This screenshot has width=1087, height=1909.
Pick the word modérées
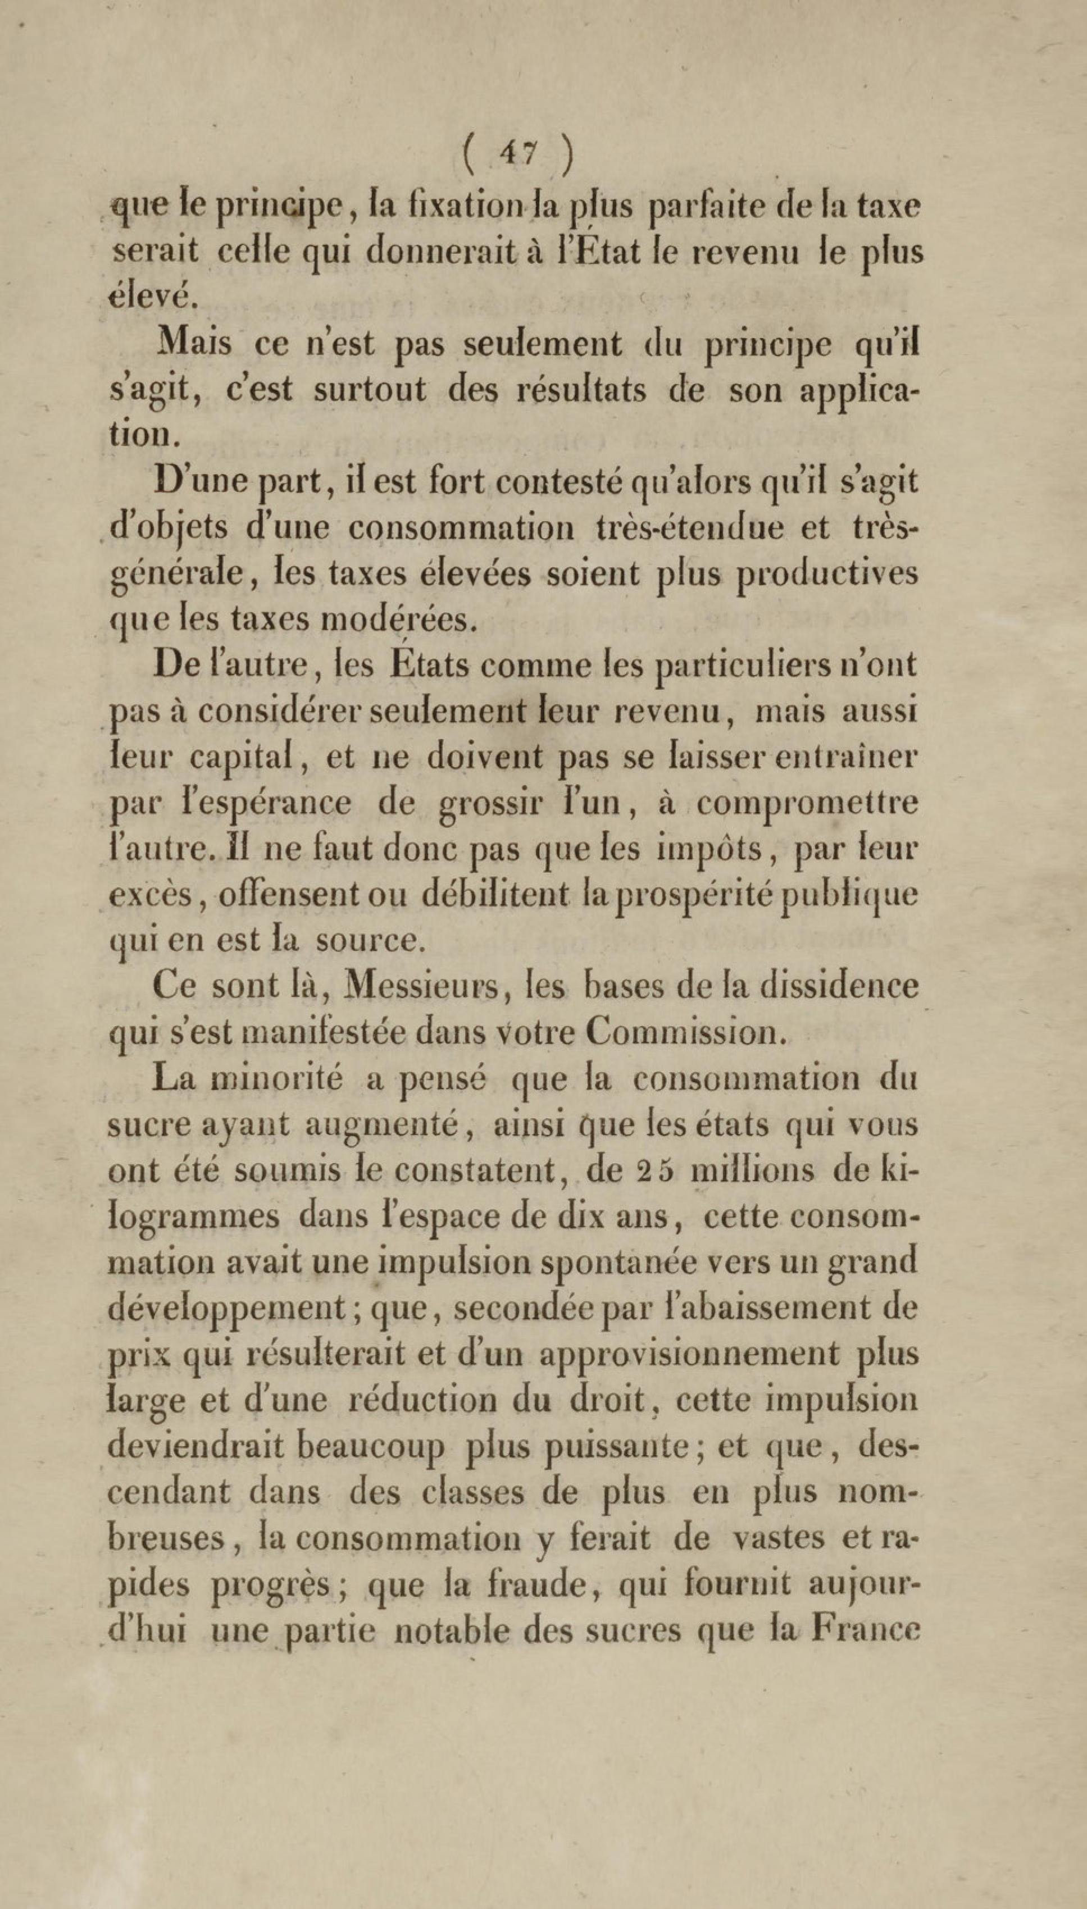point(402,621)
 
